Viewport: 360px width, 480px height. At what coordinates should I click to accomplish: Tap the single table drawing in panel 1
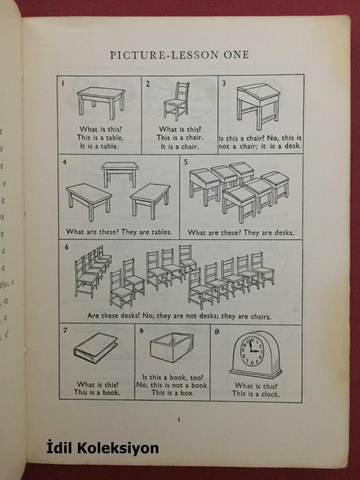coord(101,103)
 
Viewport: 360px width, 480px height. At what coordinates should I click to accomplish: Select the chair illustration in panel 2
coord(176,101)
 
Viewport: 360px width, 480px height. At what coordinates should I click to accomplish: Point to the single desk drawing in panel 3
coord(259,106)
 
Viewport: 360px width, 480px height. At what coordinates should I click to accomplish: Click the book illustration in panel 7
coord(96,348)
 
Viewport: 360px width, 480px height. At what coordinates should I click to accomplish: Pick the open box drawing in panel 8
coord(172,347)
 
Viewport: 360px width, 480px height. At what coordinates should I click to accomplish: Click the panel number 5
coord(185,162)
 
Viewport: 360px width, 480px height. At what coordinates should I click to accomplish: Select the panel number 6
coord(67,247)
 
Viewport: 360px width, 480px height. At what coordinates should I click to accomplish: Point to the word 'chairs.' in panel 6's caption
coord(261,316)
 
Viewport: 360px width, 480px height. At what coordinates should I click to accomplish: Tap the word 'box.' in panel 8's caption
coord(187,393)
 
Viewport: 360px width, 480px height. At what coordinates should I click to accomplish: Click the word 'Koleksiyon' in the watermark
coord(118,448)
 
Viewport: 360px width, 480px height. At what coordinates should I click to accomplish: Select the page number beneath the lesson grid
coord(179,419)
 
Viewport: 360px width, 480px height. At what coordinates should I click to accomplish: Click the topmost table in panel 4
coord(120,174)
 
